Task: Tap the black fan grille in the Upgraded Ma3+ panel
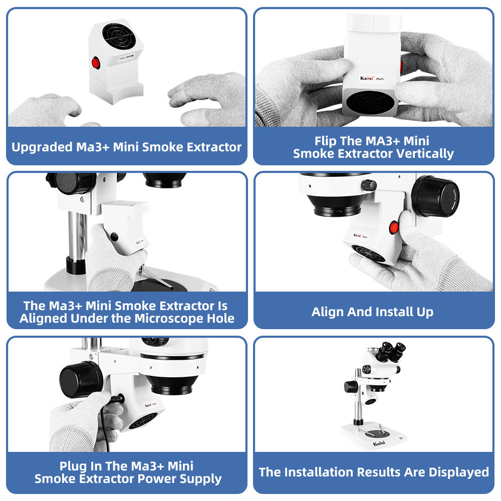(119, 35)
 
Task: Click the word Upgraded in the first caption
(42, 147)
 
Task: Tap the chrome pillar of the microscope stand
(77, 236)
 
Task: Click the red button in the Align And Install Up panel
(394, 227)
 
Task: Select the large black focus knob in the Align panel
(435, 196)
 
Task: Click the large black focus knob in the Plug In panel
(81, 380)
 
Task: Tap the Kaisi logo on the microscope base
(379, 443)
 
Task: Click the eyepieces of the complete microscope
(390, 351)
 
